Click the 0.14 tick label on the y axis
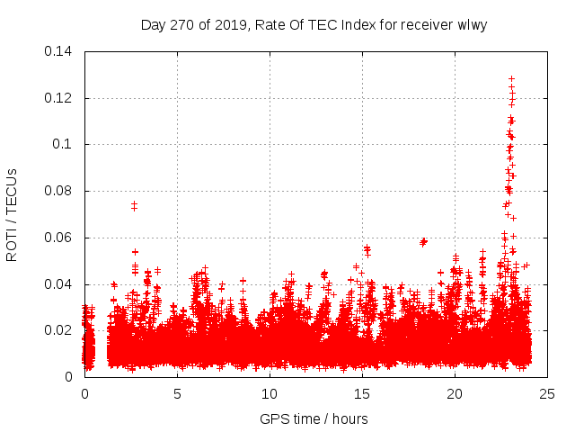(59, 51)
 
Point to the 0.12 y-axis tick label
(59, 98)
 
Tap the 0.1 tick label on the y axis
(63, 144)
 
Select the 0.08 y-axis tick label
(59, 191)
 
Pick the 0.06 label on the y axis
(59, 238)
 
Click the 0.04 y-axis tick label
(59, 284)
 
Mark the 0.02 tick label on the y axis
(59, 330)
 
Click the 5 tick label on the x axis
(177, 393)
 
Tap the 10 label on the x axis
(270, 393)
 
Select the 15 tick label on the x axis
(362, 393)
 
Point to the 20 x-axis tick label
(455, 393)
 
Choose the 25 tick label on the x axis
(547, 393)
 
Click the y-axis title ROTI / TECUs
(12, 214)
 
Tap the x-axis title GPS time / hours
(314, 418)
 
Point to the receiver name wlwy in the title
(470, 24)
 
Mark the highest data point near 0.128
(511, 79)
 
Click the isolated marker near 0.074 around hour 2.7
(134, 205)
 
